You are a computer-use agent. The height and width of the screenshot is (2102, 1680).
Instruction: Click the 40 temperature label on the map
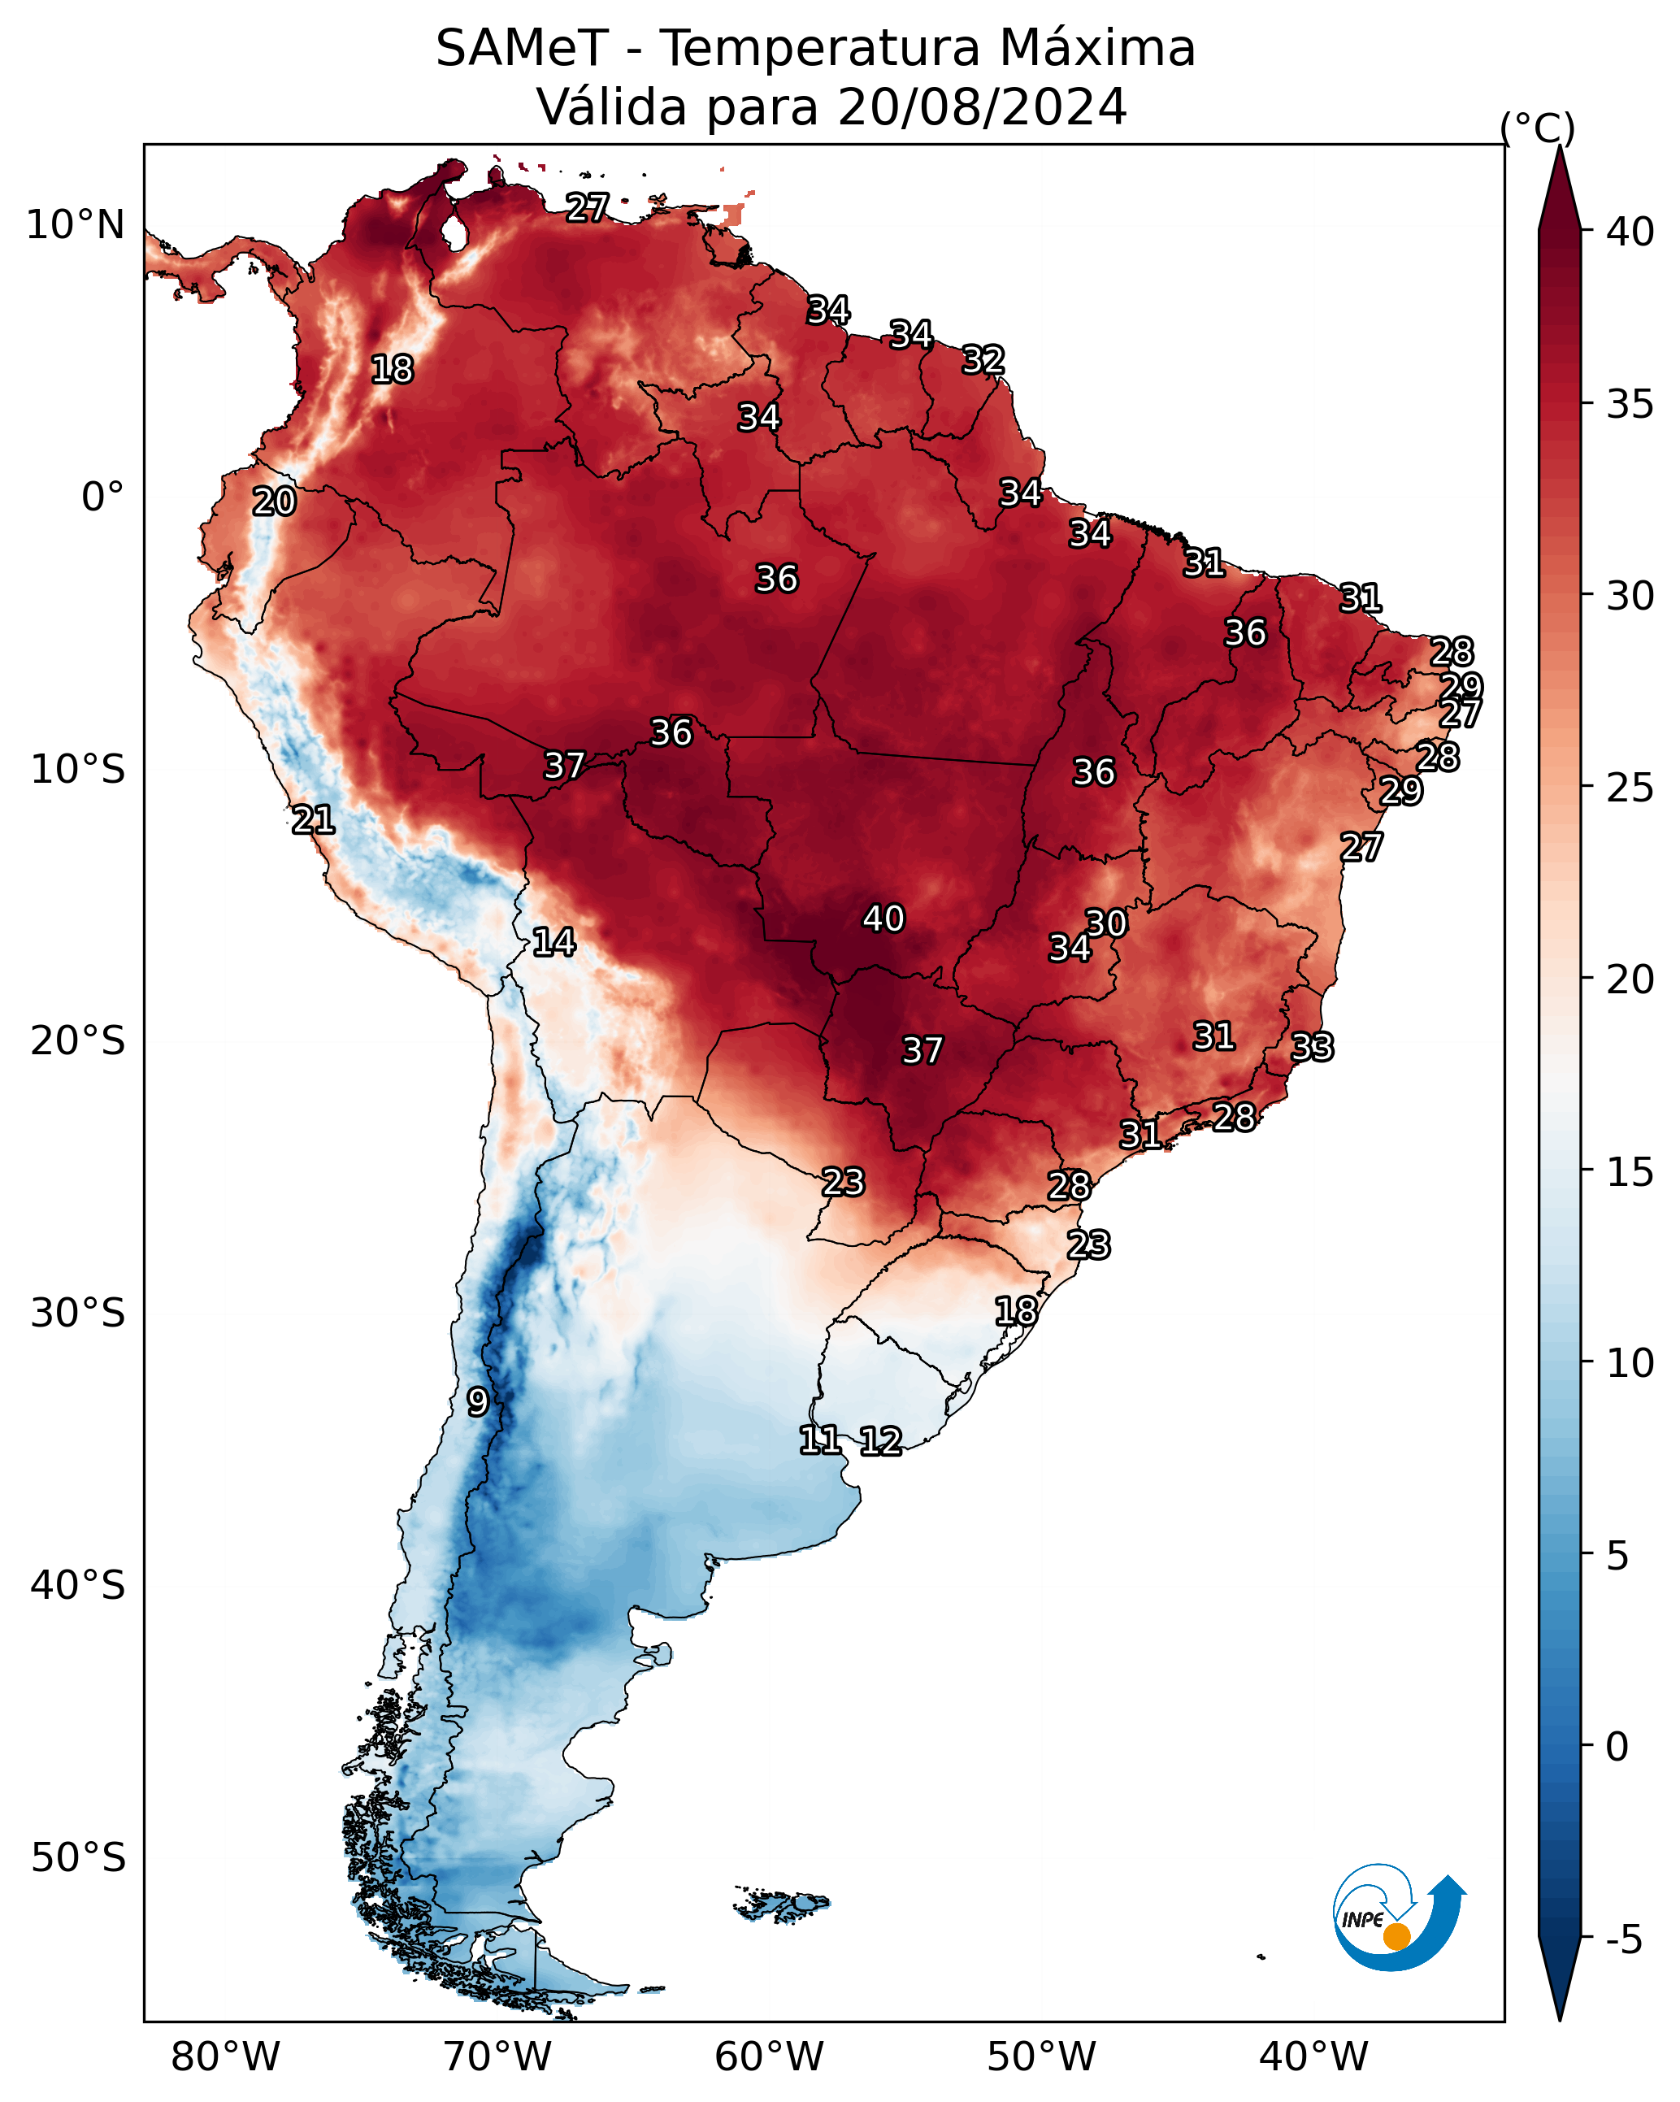tap(883, 919)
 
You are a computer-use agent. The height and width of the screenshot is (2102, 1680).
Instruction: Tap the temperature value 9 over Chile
tap(477, 1401)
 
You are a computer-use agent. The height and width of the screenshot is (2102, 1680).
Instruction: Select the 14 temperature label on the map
tap(553, 942)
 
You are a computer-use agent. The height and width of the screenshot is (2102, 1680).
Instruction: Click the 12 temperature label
tap(880, 1441)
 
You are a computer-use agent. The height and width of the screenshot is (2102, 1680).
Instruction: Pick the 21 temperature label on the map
tap(313, 820)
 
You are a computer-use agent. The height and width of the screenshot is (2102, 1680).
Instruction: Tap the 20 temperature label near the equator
tap(274, 502)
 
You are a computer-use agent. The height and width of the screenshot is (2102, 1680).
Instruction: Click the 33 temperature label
tap(1312, 1047)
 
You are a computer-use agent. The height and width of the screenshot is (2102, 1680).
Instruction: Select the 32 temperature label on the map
tap(983, 360)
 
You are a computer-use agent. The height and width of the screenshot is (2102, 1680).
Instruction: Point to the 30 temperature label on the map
tap(1107, 923)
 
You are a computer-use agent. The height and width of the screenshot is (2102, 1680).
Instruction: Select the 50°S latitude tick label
tap(78, 1858)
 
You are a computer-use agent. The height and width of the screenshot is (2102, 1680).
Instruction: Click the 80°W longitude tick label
tap(225, 2057)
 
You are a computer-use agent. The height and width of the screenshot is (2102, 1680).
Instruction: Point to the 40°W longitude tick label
tap(1313, 2057)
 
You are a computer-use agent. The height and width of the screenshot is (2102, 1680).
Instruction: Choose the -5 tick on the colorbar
tap(1623, 1940)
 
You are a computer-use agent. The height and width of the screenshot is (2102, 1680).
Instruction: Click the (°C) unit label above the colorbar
tap(1538, 128)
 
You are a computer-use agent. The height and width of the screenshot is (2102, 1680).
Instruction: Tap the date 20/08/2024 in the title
tap(982, 106)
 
